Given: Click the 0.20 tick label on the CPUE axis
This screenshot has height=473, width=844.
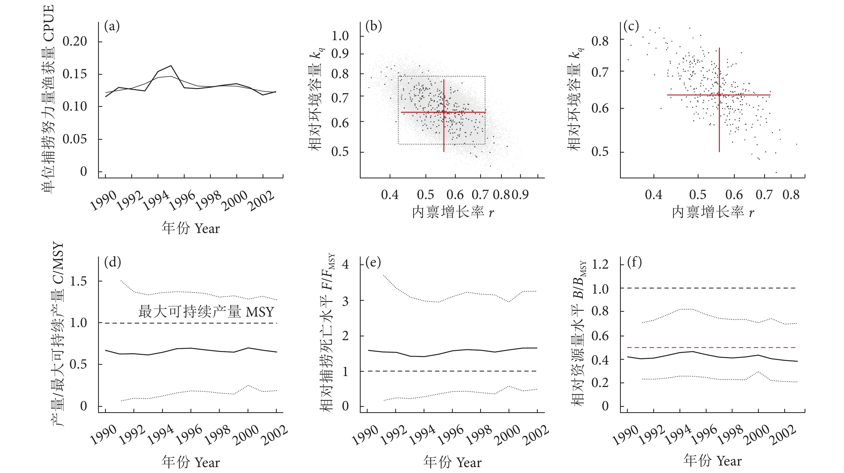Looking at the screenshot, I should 75,42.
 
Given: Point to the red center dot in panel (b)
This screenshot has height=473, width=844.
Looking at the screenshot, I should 444,112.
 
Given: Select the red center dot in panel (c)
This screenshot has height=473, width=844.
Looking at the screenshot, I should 719,95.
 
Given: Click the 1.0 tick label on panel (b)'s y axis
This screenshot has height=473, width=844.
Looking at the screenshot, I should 340,36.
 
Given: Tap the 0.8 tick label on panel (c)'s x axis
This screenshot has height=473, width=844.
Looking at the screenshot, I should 791,195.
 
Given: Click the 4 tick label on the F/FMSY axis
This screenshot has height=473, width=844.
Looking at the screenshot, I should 345,264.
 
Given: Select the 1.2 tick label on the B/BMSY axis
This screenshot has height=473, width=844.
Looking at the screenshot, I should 600,264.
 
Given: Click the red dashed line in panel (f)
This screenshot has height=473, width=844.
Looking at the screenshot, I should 711,347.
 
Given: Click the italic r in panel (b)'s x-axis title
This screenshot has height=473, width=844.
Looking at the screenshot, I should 491,213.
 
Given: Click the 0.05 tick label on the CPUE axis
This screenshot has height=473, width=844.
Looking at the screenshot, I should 75,139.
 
